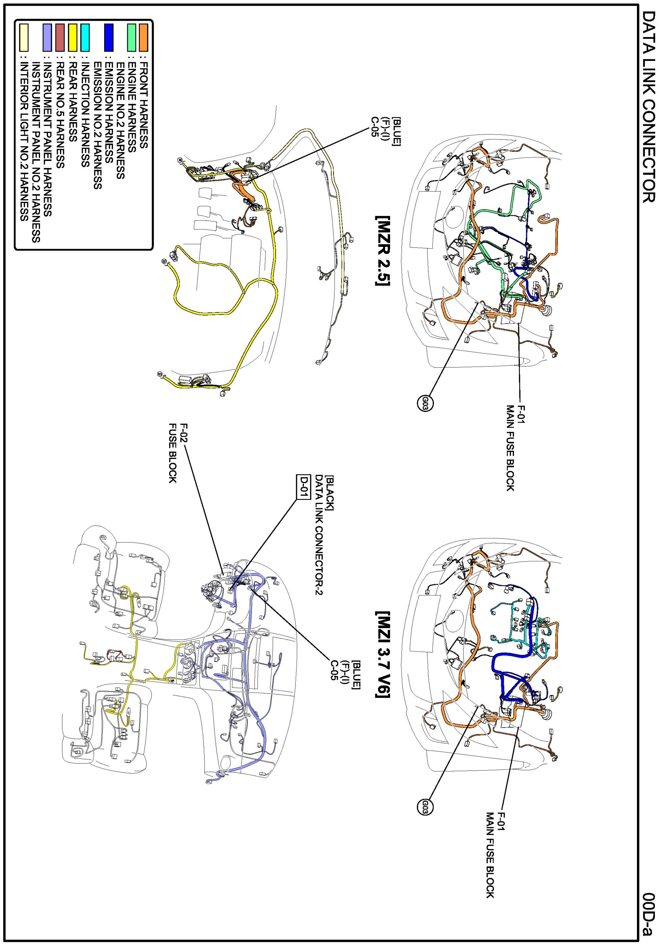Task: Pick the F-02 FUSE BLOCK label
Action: (178, 452)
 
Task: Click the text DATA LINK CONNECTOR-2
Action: (319, 535)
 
